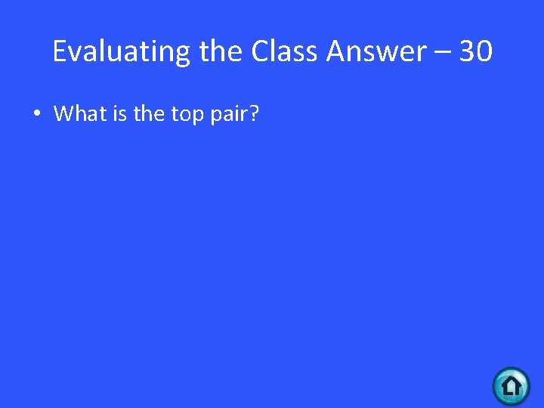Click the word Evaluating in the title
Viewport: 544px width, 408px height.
(122, 51)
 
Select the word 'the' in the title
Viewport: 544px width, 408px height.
(222, 51)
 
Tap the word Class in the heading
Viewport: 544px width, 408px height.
(285, 51)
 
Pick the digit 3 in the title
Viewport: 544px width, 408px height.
(468, 51)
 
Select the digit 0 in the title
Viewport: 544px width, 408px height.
(484, 51)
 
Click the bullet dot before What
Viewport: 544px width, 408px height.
(36, 115)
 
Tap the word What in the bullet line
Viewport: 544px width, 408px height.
(80, 114)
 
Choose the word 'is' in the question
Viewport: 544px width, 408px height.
(119, 114)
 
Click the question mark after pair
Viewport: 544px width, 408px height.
(255, 114)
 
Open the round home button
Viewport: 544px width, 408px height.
(512, 386)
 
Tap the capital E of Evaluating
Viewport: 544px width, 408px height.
(60, 51)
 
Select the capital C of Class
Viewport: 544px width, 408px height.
(259, 51)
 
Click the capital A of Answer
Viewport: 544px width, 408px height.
(337, 51)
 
